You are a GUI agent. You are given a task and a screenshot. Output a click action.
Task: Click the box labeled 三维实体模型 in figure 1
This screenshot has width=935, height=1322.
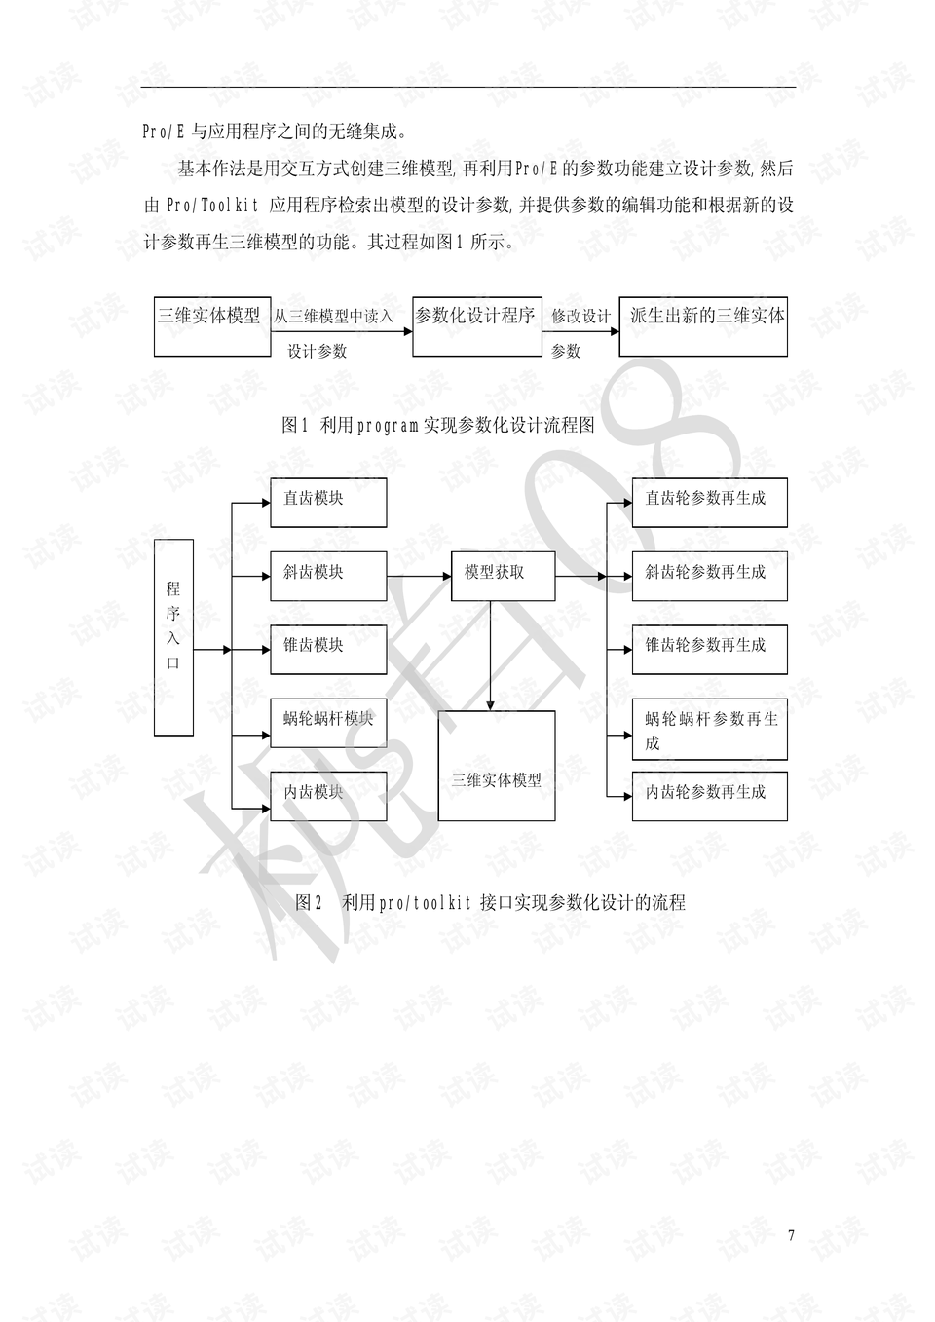click(212, 326)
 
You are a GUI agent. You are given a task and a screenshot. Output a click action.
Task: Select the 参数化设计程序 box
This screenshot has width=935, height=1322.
click(476, 326)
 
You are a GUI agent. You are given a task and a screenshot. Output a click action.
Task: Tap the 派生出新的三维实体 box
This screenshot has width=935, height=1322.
click(703, 326)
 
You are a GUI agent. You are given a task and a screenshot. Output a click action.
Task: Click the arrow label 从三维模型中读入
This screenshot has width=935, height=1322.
click(333, 317)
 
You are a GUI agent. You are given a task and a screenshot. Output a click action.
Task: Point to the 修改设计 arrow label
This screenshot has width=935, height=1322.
click(580, 317)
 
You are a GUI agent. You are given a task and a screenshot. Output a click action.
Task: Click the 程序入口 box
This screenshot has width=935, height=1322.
click(173, 637)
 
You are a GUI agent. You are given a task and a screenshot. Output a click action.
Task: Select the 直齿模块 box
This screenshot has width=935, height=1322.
click(328, 503)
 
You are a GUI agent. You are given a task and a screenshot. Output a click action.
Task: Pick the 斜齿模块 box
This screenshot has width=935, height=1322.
click(328, 576)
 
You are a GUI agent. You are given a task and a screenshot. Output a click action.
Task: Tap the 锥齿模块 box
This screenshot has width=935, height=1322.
click(328, 650)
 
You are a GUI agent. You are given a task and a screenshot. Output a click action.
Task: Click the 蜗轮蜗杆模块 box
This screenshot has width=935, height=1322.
click(328, 723)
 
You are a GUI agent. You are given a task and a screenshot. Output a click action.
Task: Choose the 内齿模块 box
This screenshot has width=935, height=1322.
click(328, 796)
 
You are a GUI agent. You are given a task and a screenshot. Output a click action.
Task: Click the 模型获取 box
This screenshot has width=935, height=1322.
click(504, 576)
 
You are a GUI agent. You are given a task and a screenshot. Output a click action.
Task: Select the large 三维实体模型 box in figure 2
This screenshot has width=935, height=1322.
click(497, 766)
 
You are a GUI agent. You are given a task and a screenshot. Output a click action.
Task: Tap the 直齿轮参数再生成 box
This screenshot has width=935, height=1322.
click(710, 503)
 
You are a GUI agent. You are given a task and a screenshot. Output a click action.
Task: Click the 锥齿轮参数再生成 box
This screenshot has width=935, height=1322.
click(710, 650)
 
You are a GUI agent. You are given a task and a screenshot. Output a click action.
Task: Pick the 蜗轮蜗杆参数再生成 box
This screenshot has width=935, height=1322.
click(710, 729)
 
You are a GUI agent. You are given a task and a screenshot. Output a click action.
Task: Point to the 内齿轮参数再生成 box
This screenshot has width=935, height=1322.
click(710, 796)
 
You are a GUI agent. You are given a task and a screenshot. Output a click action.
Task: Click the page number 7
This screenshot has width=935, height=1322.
click(791, 1235)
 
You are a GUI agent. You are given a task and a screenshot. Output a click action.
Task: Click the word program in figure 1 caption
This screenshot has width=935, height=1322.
click(388, 425)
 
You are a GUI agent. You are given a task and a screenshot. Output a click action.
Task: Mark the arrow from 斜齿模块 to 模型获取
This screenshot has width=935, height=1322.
click(419, 576)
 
